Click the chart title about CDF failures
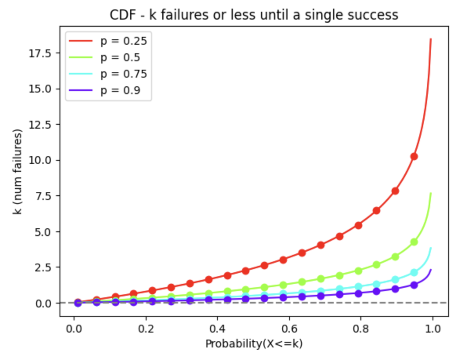tap(254, 15)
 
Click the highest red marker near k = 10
tap(414, 156)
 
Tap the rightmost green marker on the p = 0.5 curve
tap(414, 242)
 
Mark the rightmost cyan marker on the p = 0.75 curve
tap(414, 273)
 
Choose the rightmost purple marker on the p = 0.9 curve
tap(414, 285)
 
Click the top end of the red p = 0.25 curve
tap(431, 39)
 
